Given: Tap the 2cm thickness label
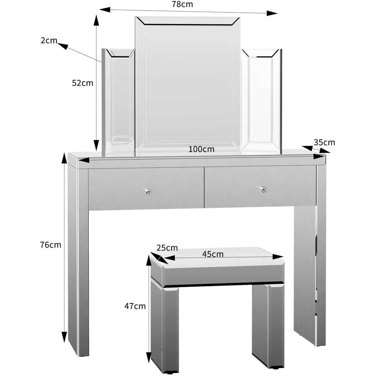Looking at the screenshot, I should point(49,41).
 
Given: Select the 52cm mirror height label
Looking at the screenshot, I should point(82,83).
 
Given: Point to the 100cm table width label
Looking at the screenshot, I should point(202,149).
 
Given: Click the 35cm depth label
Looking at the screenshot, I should point(324,142).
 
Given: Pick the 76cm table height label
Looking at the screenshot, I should point(50,245).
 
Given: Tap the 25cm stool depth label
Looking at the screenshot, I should point(167,248).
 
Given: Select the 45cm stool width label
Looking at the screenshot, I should point(213,254).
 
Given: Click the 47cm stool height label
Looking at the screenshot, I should point(135,306).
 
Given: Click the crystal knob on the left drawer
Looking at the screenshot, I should point(147,191).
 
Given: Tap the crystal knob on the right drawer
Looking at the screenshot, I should point(262,189).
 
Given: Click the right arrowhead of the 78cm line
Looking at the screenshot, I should point(272,14).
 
